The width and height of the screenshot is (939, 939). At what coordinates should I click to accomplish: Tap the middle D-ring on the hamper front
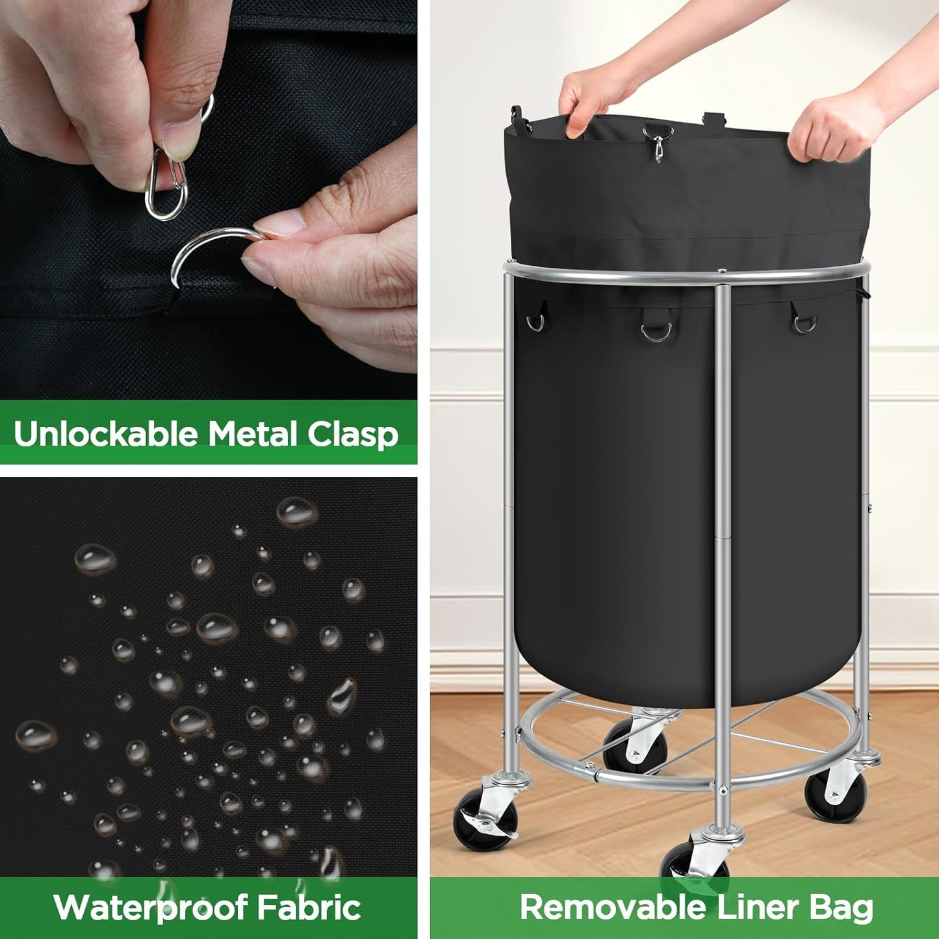tap(656, 331)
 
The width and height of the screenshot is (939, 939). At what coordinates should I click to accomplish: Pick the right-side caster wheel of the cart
tap(835, 794)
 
